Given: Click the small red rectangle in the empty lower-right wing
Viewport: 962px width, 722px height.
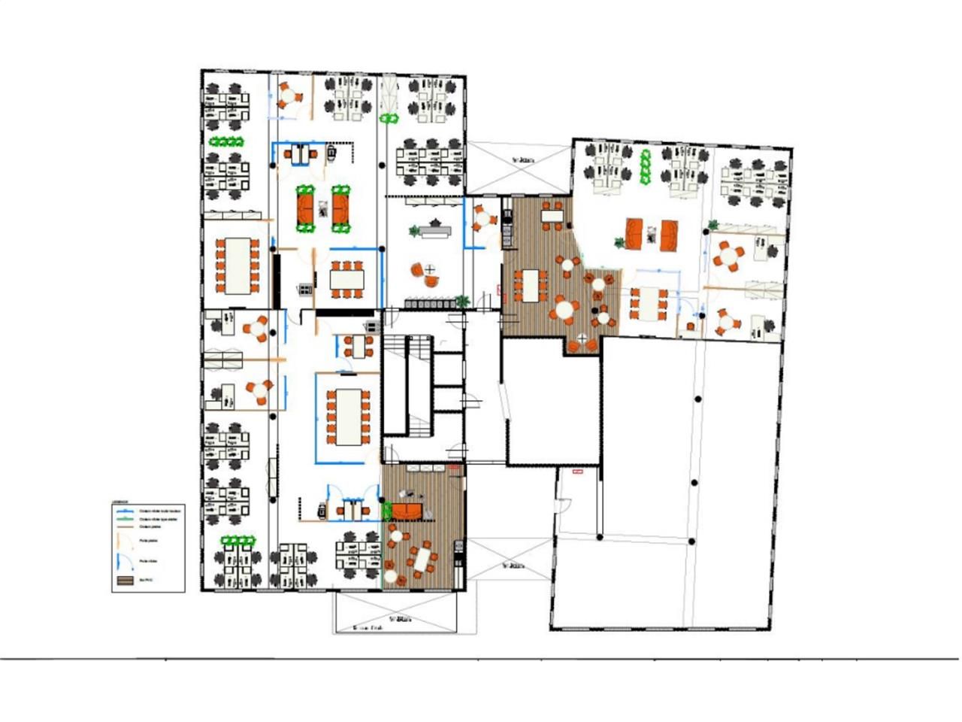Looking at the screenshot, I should click(577, 472).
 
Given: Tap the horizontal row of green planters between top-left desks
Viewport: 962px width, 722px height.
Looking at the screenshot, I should click(227, 141).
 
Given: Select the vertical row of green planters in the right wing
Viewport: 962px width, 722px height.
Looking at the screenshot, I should click(644, 168).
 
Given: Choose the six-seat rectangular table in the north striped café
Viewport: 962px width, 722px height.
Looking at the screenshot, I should click(531, 285).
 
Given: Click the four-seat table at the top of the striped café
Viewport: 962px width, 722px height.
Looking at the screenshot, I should click(553, 217).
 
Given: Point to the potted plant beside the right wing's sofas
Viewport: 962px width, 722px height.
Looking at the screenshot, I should click(619, 242).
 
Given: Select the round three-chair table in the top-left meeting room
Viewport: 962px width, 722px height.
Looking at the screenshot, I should click(289, 96).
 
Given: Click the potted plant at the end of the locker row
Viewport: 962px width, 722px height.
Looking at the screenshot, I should click(461, 301).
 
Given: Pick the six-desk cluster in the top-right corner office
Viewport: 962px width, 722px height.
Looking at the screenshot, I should click(755, 183).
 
